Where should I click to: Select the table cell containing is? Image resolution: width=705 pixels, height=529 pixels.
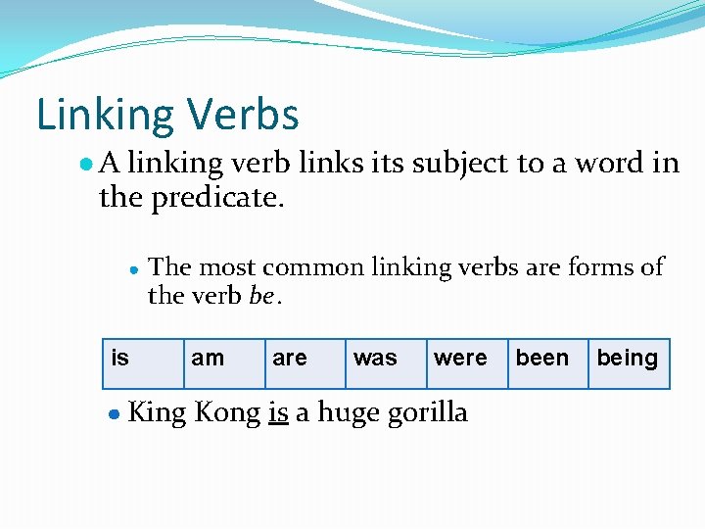(x=144, y=363)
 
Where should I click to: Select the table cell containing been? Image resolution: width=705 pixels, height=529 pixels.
(x=547, y=363)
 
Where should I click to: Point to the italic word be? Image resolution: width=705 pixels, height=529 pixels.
(x=261, y=295)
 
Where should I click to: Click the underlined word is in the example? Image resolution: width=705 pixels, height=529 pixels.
(x=278, y=412)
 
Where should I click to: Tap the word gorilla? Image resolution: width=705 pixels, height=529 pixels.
(x=427, y=413)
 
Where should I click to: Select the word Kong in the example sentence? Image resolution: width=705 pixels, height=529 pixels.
(x=227, y=412)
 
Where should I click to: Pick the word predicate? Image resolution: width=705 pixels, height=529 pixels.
(x=217, y=197)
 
